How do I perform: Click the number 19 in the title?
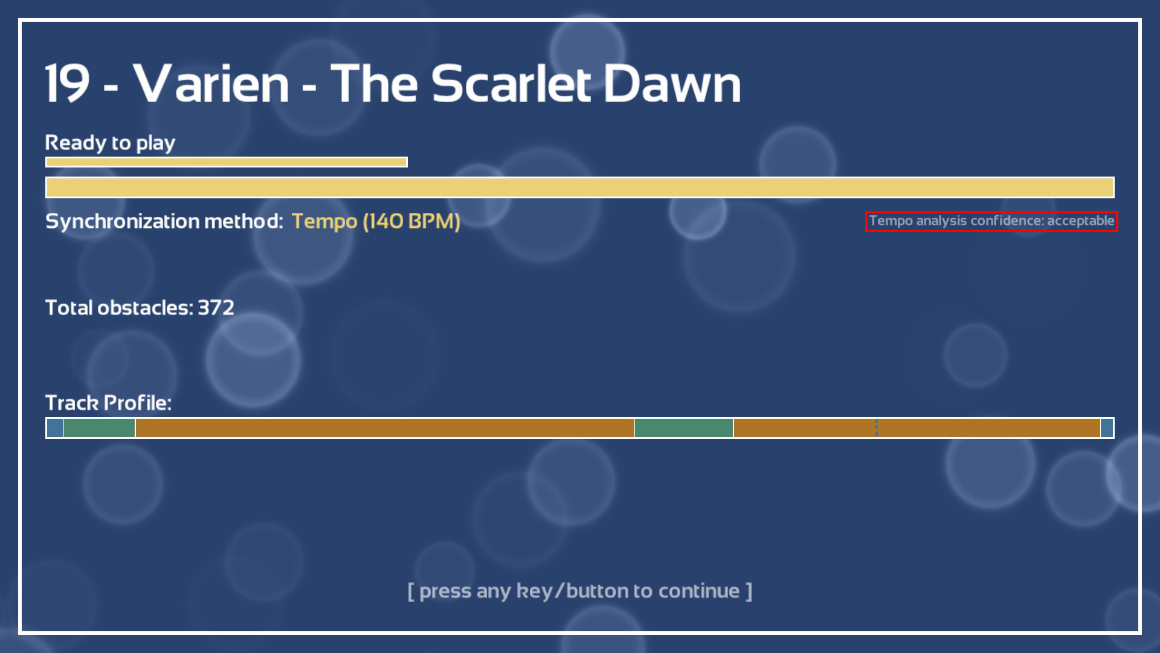(x=68, y=83)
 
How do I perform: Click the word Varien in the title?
(x=211, y=83)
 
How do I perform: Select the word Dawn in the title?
(x=672, y=83)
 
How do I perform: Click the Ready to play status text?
(x=110, y=143)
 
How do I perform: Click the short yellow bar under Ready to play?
(x=227, y=162)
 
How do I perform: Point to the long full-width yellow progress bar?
(x=580, y=187)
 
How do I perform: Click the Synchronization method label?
(x=164, y=221)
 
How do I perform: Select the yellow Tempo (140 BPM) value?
(x=376, y=221)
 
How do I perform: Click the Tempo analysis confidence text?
(x=991, y=221)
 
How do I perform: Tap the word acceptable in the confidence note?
(x=1080, y=221)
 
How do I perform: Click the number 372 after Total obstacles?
(x=216, y=308)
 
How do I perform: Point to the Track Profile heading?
(x=108, y=403)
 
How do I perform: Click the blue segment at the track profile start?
(x=55, y=428)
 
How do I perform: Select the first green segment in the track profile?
(x=99, y=428)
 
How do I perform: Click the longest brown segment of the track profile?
(x=385, y=428)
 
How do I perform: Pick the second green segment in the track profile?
(x=684, y=428)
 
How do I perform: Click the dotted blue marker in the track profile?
(x=877, y=428)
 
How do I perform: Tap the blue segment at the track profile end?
(x=1107, y=428)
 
